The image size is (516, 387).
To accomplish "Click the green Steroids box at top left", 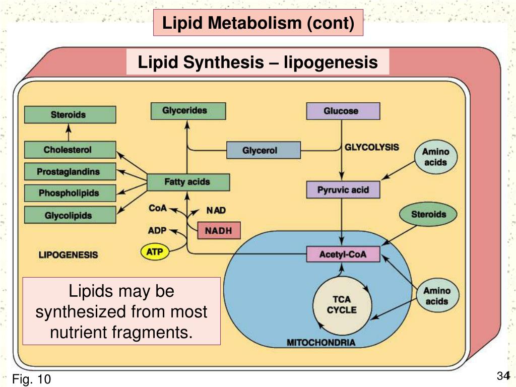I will (70, 115).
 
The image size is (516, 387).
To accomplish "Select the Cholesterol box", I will (70, 150).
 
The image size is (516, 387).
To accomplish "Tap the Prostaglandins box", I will (70, 172).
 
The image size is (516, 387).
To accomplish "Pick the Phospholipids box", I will (70, 193).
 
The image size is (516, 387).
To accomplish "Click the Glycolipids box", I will (70, 215).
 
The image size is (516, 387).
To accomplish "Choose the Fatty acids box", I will (188, 182).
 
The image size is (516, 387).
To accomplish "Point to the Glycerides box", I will (188, 111).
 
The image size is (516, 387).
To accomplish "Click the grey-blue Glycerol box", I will (263, 150).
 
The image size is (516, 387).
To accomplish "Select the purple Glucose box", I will (343, 111).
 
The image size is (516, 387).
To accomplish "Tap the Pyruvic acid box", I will (343, 190).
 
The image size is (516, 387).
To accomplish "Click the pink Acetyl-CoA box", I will (343, 254).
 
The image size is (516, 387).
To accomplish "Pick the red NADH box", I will (219, 230).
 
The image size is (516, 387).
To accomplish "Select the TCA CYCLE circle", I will (342, 304).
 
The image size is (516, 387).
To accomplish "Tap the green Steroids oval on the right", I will (428, 215).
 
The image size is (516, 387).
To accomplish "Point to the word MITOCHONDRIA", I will (321, 343).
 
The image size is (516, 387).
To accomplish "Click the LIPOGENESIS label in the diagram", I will (69, 254).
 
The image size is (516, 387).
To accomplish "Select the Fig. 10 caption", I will (32, 378).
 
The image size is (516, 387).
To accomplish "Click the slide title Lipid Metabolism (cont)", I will (258, 23).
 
